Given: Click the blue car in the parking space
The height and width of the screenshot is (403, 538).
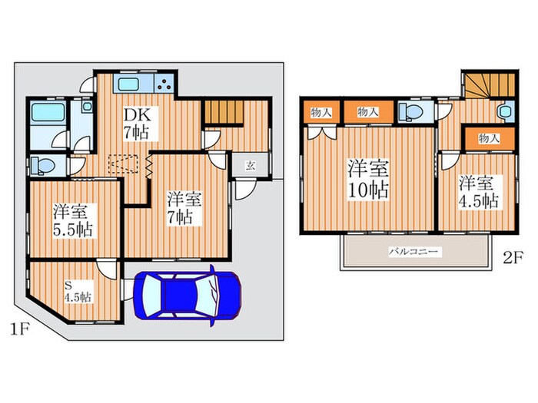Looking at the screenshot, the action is tap(188, 296).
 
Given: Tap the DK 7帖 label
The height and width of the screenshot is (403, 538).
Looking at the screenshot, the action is tap(137, 124).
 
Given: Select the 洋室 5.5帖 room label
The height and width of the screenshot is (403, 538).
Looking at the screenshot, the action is tap(72, 220).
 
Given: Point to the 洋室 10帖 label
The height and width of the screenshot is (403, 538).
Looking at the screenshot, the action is tap(368, 179).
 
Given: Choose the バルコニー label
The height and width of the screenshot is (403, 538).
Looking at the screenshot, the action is tap(413, 253).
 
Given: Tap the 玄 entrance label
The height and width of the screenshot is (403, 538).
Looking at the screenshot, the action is tap(250, 165).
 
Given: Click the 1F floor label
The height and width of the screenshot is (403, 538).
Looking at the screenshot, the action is tap(18, 329).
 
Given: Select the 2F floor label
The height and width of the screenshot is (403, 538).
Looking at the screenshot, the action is tap(513, 258).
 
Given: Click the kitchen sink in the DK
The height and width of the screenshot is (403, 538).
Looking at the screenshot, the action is tap(128, 84).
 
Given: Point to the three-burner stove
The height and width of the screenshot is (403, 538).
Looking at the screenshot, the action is tap(165, 84).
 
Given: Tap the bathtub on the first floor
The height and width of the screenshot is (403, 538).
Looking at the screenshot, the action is tap(48, 112).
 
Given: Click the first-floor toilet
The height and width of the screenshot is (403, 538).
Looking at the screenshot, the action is tap(42, 166).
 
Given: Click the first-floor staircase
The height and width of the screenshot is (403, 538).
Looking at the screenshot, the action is tap(224, 112).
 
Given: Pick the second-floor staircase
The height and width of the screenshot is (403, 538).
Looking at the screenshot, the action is tap(490, 85).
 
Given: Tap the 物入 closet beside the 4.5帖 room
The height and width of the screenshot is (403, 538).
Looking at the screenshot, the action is tap(490, 139).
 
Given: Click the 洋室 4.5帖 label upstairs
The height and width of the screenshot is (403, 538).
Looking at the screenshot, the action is tap(479, 193).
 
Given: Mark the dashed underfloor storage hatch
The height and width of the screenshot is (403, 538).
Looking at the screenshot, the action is tap(123, 164).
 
